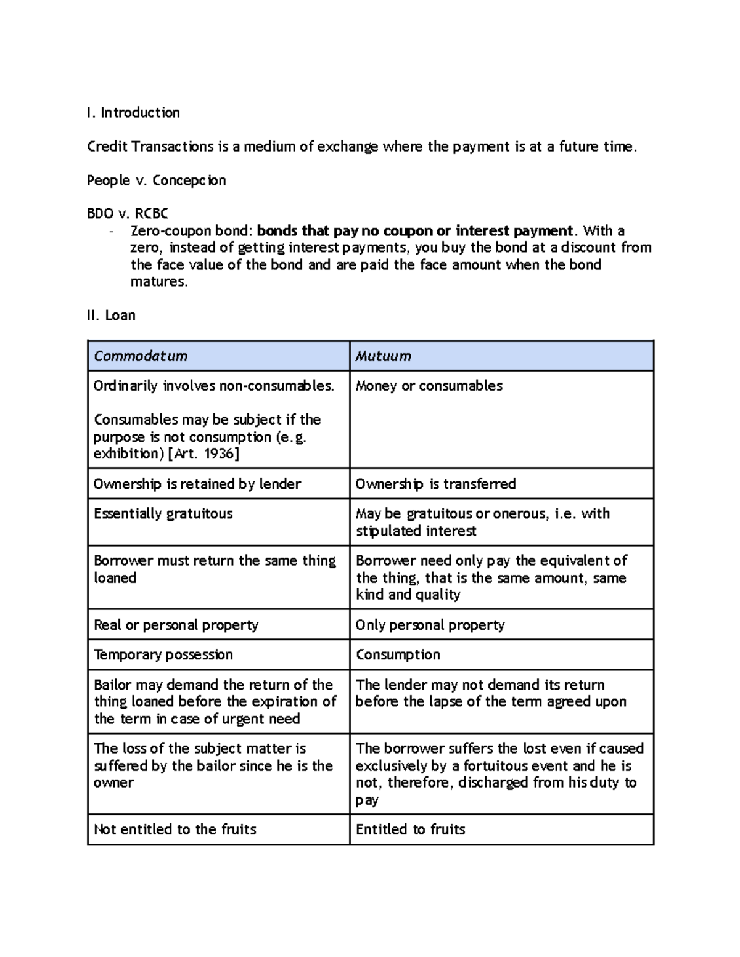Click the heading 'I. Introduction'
133,113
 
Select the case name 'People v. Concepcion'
156,181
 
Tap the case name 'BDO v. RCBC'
128,214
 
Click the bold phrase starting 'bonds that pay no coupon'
414,231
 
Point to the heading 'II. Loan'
111,316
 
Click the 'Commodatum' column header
141,356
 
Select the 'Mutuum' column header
383,356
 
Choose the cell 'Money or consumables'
429,386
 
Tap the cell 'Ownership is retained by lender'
197,484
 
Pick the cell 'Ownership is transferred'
435,484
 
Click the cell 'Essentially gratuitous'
163,514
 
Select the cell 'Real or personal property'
176,625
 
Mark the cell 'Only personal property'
430,625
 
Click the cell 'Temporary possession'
163,655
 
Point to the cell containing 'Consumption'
398,655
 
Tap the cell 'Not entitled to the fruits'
175,829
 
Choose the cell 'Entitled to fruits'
410,829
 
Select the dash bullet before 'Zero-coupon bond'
111,232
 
